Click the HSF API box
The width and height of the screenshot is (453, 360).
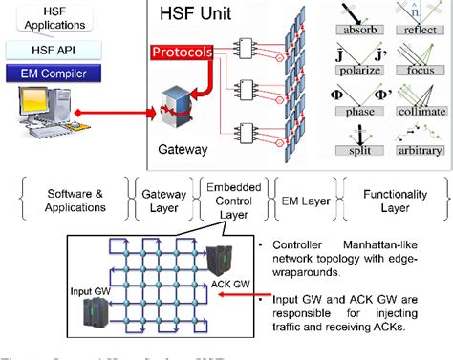[x=54, y=48]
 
